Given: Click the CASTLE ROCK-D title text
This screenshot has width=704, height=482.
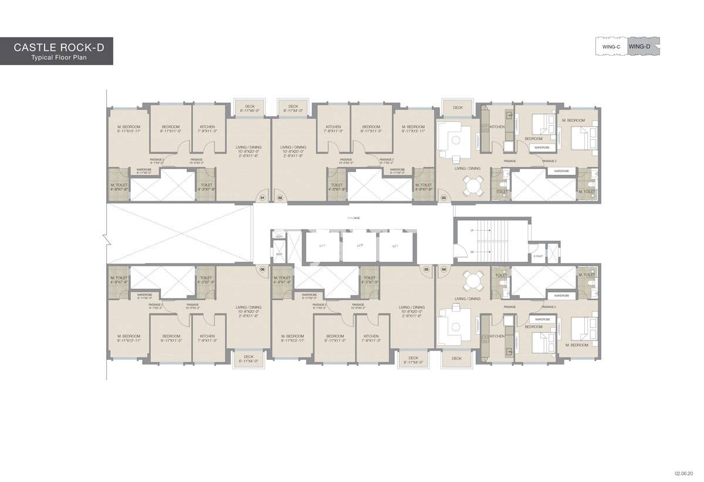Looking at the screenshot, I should pyautogui.click(x=59, y=47).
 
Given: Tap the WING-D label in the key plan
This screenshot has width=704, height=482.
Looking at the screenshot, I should pyautogui.click(x=639, y=46).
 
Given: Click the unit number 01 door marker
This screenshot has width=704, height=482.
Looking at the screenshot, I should pyautogui.click(x=263, y=198).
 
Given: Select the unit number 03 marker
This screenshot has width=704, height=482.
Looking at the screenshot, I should pyautogui.click(x=444, y=198).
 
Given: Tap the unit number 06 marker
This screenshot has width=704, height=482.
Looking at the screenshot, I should pyautogui.click(x=262, y=269).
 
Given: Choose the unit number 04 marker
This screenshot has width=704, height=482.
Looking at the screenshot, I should pyautogui.click(x=444, y=269).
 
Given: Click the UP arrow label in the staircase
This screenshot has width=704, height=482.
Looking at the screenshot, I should pyautogui.click(x=472, y=231).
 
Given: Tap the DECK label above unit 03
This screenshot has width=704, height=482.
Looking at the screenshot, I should pyautogui.click(x=458, y=108).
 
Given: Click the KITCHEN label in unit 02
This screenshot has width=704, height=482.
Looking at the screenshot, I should pyautogui.click(x=333, y=127).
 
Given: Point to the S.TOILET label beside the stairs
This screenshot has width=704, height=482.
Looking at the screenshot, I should pyautogui.click(x=538, y=255).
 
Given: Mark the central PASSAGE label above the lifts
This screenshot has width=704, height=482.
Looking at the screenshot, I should pyautogui.click(x=353, y=218).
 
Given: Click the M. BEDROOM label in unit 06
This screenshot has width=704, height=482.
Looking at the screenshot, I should pyautogui.click(x=128, y=337).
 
